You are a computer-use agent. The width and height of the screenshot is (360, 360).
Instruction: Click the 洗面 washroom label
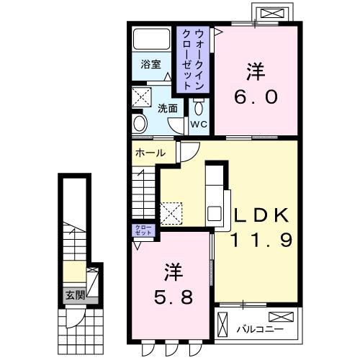[x=168, y=108]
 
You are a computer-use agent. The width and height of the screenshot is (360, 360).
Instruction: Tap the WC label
[x=199, y=123]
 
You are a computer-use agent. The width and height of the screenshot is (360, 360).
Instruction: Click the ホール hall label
[x=150, y=153]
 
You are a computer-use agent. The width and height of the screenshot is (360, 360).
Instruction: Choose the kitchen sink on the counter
[x=215, y=214]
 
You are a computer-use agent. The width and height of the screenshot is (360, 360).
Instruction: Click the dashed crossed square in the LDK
[x=172, y=212]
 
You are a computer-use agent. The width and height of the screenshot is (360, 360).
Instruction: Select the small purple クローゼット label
[x=142, y=231]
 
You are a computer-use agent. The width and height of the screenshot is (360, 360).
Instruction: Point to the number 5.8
[x=172, y=297]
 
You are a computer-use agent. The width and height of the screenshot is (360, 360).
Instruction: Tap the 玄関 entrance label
[x=75, y=294]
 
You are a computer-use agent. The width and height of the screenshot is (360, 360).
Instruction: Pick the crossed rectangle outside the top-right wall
[x=271, y=13]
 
